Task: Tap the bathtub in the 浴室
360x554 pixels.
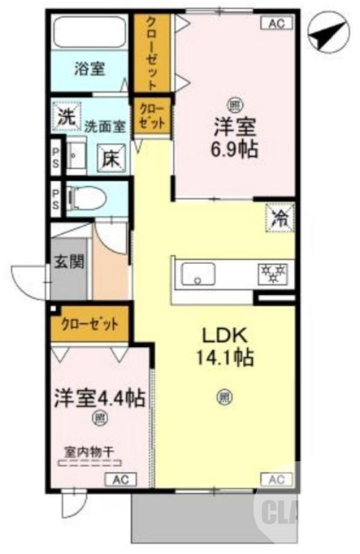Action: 90,33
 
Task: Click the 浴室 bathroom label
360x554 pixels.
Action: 90,69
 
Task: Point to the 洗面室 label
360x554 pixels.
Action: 105,127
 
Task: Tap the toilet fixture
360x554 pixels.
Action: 87,199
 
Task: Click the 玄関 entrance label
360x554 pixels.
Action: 69,262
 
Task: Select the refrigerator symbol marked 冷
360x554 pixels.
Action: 280,219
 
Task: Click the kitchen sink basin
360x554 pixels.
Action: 199,276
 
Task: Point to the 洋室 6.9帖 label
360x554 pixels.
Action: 235,138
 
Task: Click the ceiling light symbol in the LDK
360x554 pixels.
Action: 224,397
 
